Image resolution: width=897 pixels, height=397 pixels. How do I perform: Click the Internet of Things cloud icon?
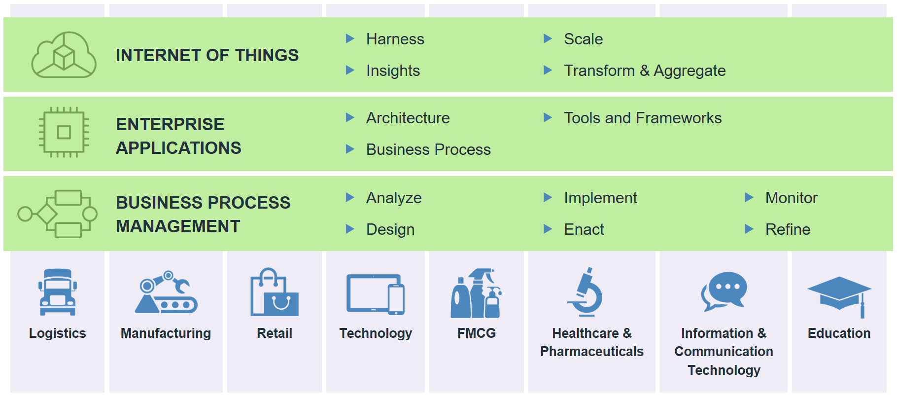tap(64, 55)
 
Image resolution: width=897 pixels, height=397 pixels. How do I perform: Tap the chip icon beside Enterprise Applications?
tap(64, 132)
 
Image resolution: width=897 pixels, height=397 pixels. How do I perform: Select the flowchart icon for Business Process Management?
tap(57, 214)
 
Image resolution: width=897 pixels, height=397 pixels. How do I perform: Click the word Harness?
tap(395, 39)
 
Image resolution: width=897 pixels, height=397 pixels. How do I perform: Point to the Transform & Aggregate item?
tap(645, 71)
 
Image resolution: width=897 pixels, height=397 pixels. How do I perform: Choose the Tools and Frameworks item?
tap(643, 118)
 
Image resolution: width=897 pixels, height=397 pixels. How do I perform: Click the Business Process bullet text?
tap(428, 149)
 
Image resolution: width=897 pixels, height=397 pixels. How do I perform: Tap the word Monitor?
tap(791, 198)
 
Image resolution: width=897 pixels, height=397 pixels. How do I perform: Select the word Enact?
tap(584, 229)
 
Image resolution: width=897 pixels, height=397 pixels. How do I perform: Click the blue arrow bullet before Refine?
tap(749, 229)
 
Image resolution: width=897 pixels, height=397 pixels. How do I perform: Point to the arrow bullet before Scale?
tap(548, 38)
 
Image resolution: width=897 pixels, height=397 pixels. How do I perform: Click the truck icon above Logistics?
tap(58, 292)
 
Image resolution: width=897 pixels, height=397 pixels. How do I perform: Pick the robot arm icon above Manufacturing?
tap(166, 292)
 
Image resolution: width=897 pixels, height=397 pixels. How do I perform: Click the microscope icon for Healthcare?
tap(585, 292)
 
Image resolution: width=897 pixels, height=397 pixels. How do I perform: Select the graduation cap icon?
tap(839, 296)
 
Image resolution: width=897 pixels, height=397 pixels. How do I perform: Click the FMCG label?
tap(477, 333)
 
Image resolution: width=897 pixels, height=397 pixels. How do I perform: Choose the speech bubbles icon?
tap(724, 291)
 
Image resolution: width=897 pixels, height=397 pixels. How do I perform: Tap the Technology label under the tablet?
tap(376, 334)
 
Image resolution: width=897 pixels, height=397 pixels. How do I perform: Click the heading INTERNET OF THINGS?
tap(207, 55)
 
